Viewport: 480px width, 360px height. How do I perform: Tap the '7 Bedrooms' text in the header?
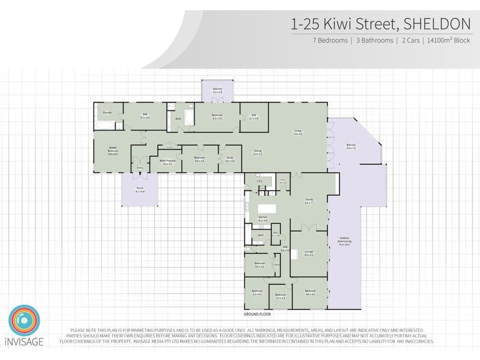pos(329,41)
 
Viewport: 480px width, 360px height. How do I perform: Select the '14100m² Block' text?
pos(449,41)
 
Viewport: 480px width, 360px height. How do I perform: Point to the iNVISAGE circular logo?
pos(24,321)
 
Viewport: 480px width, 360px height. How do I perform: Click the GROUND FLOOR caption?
pos(257,314)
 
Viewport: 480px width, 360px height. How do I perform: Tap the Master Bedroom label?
pos(113,152)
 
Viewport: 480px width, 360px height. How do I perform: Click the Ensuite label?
pos(107,113)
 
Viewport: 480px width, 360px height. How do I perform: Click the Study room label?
pos(230,160)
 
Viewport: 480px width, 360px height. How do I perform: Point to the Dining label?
pos(257,152)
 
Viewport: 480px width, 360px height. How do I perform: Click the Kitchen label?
pos(262,219)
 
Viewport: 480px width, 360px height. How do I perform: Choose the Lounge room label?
pos(309,253)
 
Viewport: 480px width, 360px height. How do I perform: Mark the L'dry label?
pos(260,181)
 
